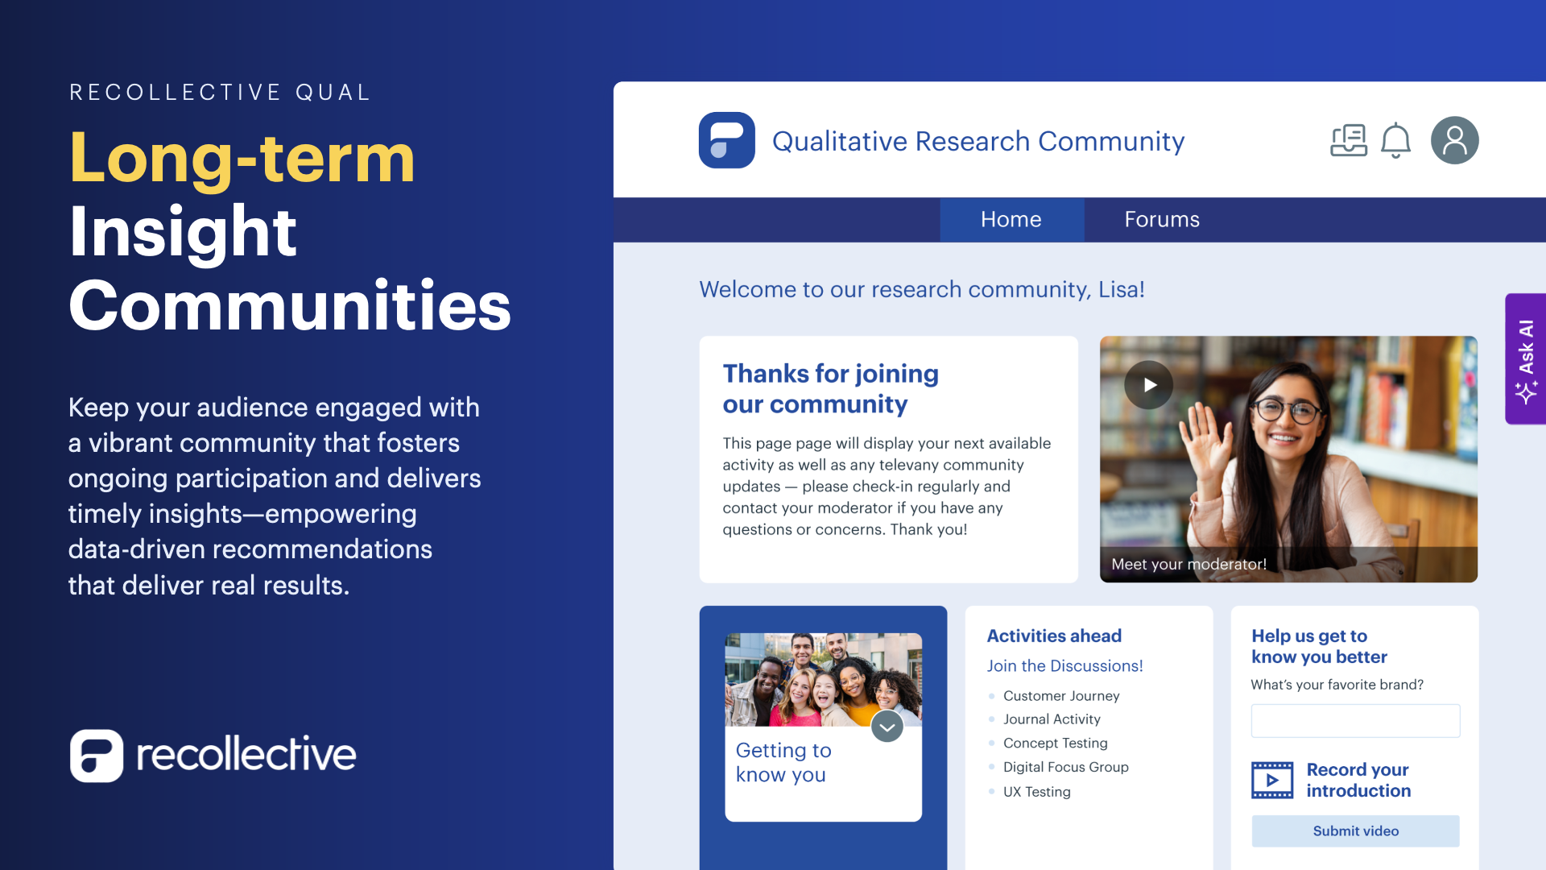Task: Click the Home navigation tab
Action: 1011,219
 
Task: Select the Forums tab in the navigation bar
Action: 1162,219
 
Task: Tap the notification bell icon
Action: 1395,141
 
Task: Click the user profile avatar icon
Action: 1454,140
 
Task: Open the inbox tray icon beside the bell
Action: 1349,141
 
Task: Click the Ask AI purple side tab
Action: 1526,358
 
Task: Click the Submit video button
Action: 1355,831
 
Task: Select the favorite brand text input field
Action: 1355,720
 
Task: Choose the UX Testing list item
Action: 1036,792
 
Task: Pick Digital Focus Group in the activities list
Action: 1065,767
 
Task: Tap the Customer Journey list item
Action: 1060,696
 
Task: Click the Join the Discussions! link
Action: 1064,666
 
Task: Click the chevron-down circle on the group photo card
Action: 887,727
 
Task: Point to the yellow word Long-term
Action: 242,158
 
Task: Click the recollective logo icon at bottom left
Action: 97,756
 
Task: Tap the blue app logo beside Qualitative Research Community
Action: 726,140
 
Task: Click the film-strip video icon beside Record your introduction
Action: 1272,780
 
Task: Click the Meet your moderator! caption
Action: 1188,565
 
